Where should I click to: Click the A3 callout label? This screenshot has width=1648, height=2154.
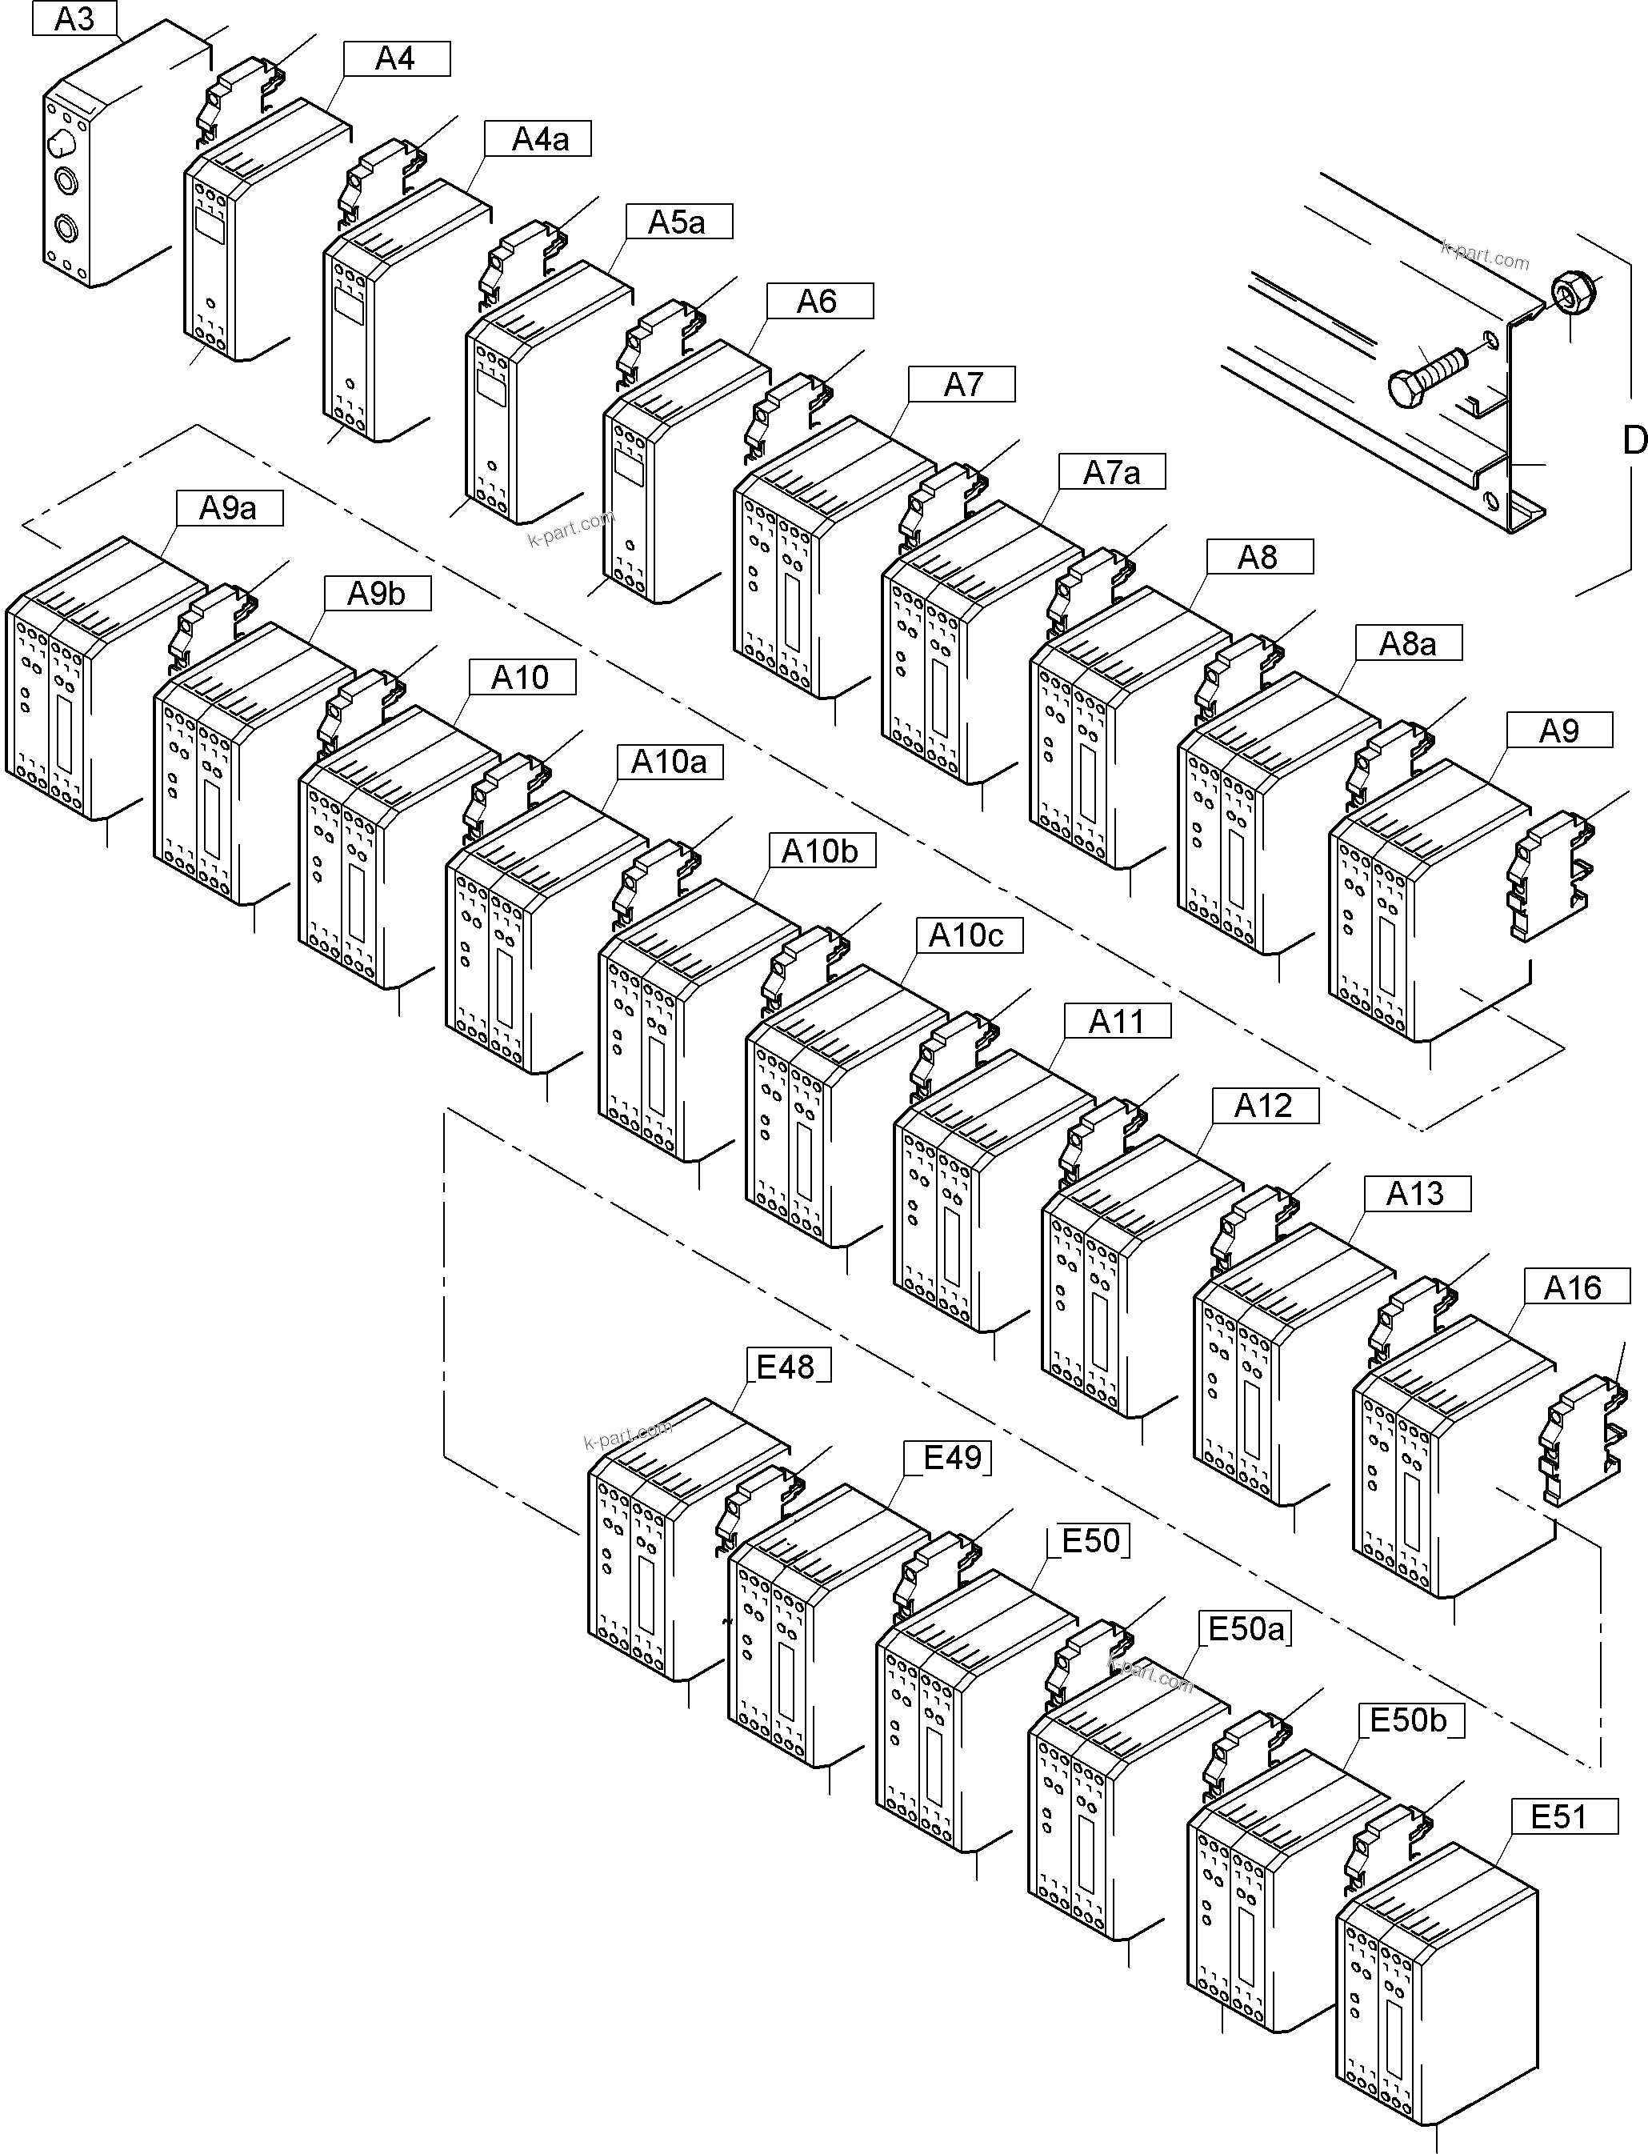coord(74,18)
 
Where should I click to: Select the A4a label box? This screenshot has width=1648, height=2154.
coord(538,139)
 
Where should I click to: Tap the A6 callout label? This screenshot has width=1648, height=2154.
coord(819,301)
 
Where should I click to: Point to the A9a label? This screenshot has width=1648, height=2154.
coord(230,508)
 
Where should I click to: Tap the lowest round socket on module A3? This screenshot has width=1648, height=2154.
coord(66,230)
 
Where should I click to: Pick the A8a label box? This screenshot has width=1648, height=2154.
coord(1409,643)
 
